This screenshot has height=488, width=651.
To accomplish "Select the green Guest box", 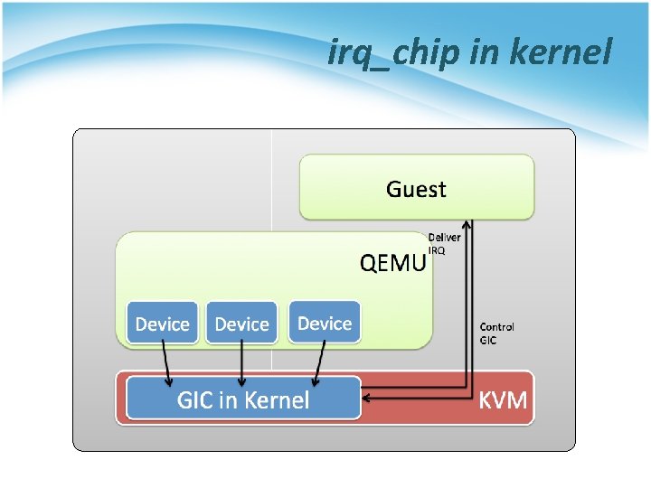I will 417,187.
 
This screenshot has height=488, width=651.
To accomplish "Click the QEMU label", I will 392,263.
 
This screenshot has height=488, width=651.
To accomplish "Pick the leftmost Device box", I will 162,324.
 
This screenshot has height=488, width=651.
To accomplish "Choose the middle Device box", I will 241,324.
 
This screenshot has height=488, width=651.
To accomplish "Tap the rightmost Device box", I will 325,323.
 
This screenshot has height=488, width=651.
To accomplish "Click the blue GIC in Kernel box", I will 243,399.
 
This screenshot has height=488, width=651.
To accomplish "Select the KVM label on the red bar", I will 502,400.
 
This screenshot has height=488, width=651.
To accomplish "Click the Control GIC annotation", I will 496,333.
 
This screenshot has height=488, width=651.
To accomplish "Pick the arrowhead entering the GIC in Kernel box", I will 367,397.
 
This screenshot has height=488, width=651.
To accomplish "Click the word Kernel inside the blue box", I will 275,400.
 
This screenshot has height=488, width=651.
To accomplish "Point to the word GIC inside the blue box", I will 195,400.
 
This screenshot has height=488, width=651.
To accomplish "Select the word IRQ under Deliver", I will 437,250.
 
